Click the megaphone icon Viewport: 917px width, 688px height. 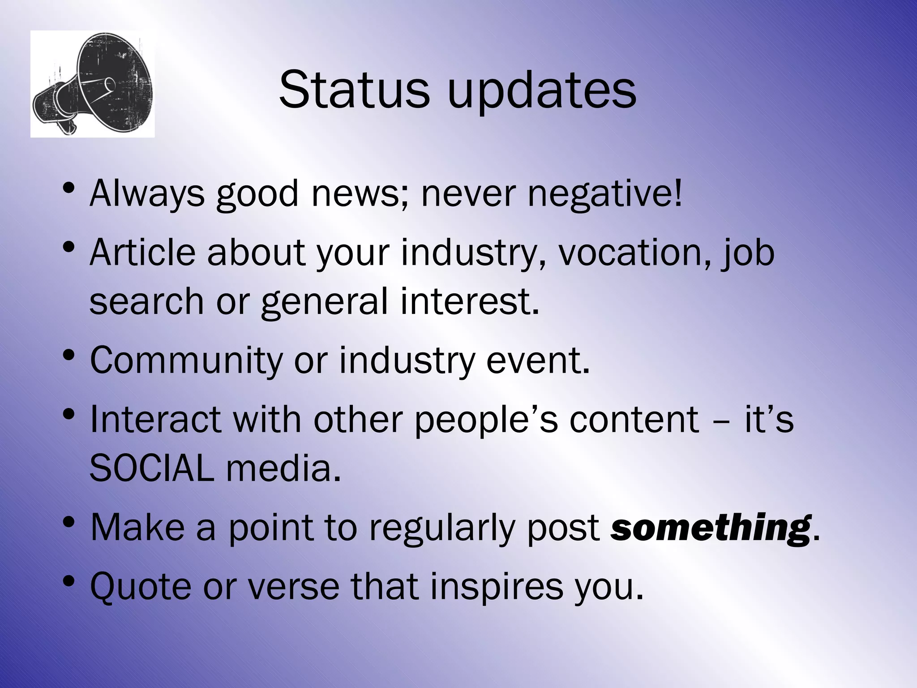pyautogui.click(x=93, y=84)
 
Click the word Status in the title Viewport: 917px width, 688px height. pyautogui.click(x=354, y=90)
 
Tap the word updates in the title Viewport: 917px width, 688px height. pyautogui.click(x=541, y=92)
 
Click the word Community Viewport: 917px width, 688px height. pyautogui.click(x=186, y=361)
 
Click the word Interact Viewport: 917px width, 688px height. pyautogui.click(x=155, y=419)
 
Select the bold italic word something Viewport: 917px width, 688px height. pyautogui.click(x=711, y=528)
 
